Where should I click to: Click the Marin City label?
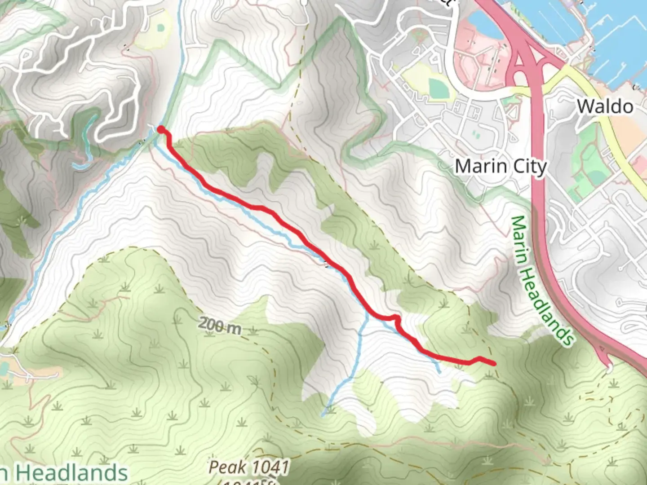click(501, 167)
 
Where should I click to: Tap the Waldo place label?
click(605, 106)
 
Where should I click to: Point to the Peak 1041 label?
click(249, 467)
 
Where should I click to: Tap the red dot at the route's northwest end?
click(160, 129)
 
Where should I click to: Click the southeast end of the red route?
click(495, 363)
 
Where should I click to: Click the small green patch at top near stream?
click(160, 27)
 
